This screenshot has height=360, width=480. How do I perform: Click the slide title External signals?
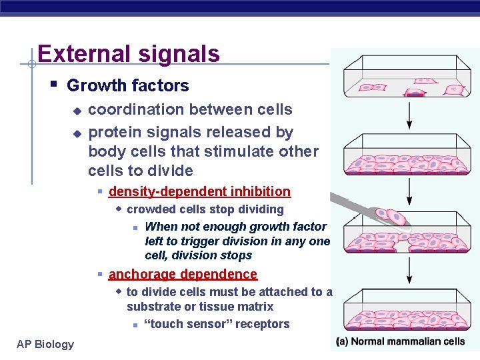(x=129, y=53)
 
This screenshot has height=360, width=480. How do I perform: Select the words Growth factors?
(x=127, y=85)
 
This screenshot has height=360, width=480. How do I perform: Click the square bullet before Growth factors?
(x=53, y=84)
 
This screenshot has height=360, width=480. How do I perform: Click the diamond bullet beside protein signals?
(x=77, y=133)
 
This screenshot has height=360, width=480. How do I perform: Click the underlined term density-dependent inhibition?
(x=199, y=191)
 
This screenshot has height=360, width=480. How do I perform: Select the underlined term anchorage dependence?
(x=182, y=274)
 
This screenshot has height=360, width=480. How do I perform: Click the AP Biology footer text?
(x=45, y=344)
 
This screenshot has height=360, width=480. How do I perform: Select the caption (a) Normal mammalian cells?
(x=400, y=342)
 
